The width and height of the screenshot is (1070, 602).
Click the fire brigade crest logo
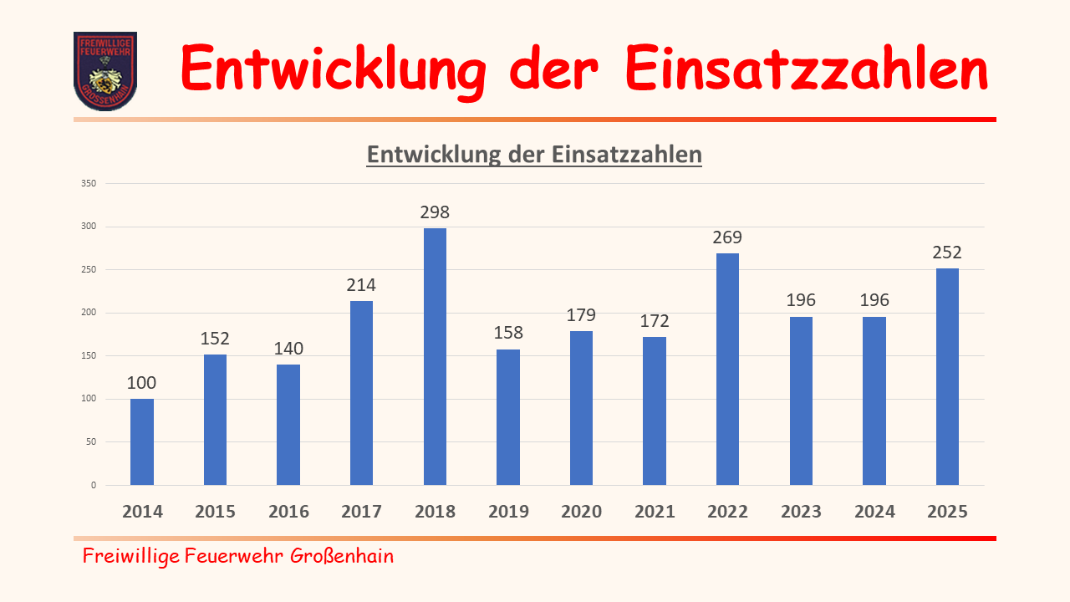click(x=105, y=71)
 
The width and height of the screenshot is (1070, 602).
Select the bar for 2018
click(x=435, y=356)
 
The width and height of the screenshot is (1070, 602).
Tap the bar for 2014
click(x=142, y=441)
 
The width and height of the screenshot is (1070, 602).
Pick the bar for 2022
click(x=727, y=369)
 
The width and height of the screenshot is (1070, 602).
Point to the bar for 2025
click(x=947, y=376)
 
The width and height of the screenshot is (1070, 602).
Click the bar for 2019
click(x=508, y=416)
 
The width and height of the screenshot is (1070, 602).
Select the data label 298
click(x=435, y=212)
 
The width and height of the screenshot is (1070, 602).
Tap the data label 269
click(x=727, y=237)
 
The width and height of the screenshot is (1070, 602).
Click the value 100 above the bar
click(x=142, y=383)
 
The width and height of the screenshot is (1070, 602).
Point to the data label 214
click(x=362, y=285)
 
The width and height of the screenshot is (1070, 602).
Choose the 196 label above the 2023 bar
click(x=801, y=300)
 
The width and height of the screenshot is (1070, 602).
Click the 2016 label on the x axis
click(x=288, y=512)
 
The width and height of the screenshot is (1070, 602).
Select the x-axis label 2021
click(x=655, y=512)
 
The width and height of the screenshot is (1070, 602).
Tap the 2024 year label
click(x=874, y=512)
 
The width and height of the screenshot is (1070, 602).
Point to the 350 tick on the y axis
click(x=89, y=183)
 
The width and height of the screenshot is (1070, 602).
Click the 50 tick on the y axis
click(x=91, y=441)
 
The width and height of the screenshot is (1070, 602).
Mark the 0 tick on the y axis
click(x=94, y=485)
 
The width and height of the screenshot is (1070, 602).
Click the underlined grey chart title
click(x=534, y=155)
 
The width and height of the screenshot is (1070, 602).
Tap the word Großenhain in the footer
click(x=342, y=556)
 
